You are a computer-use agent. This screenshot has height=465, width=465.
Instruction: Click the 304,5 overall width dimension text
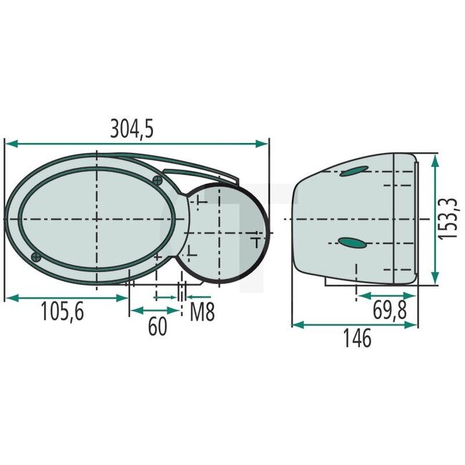click(132, 129)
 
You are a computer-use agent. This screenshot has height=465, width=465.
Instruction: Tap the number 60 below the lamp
click(157, 326)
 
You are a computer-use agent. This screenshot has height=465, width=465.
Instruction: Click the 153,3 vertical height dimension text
click(449, 219)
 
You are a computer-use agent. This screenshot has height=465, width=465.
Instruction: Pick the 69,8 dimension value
click(392, 310)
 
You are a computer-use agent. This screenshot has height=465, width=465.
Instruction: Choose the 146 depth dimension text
click(356, 338)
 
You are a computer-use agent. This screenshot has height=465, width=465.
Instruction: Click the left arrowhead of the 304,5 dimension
click(9, 144)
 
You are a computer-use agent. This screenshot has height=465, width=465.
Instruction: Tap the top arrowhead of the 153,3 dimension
click(434, 158)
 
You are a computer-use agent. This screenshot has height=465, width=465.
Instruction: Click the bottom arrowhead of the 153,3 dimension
click(434, 282)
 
